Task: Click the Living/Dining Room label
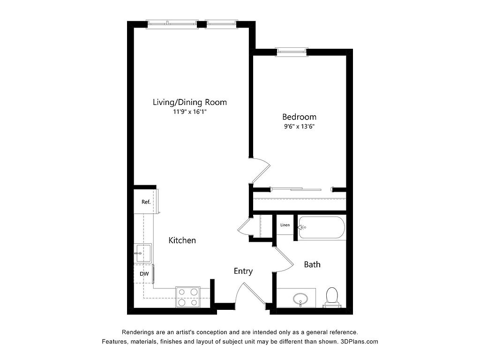[x=190, y=102]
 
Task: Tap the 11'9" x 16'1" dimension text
[x=190, y=112]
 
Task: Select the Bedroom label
[x=299, y=117]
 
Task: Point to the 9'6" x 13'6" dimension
[x=299, y=126]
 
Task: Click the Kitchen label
[x=182, y=240]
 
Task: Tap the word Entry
[x=243, y=271]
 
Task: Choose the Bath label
[x=312, y=264]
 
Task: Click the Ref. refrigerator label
[x=146, y=202]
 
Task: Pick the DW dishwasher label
[x=144, y=274]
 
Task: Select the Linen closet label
[x=285, y=225]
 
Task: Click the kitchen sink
[x=143, y=253]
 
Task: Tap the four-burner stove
[x=187, y=297]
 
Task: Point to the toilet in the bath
[x=332, y=297]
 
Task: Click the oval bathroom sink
[x=300, y=299]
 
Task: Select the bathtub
[x=322, y=227]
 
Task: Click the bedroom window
[x=292, y=52]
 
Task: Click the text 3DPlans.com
[x=359, y=342]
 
